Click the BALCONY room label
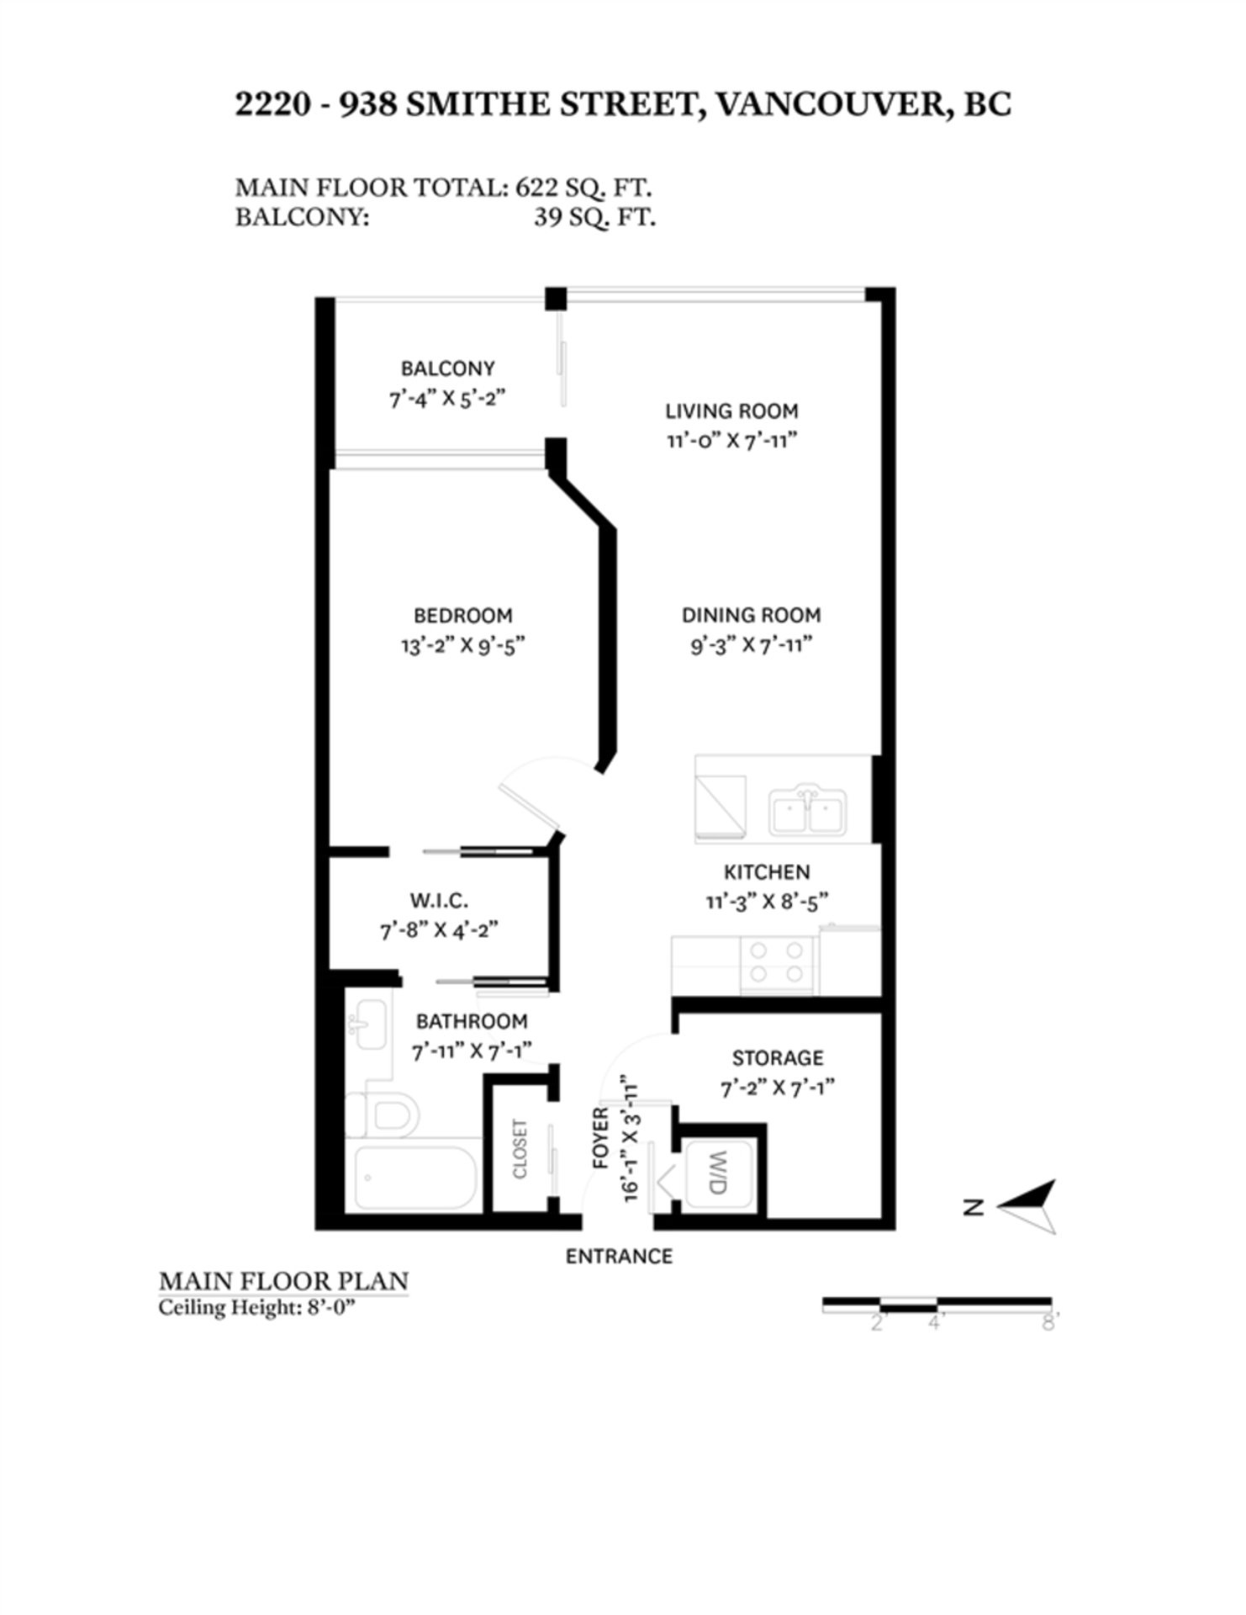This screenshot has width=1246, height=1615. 447,368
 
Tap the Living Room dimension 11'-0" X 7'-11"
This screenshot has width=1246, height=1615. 731,441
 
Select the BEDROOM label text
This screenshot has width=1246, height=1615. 462,616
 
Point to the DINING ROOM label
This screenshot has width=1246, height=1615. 751,615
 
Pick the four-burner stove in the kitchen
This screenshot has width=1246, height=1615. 777,962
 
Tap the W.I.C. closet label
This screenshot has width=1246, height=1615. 439,901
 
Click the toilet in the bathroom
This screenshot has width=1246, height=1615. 383,1115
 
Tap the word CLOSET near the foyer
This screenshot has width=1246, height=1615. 520,1149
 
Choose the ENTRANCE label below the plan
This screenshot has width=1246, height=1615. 619,1257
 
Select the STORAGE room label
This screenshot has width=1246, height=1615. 778,1058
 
